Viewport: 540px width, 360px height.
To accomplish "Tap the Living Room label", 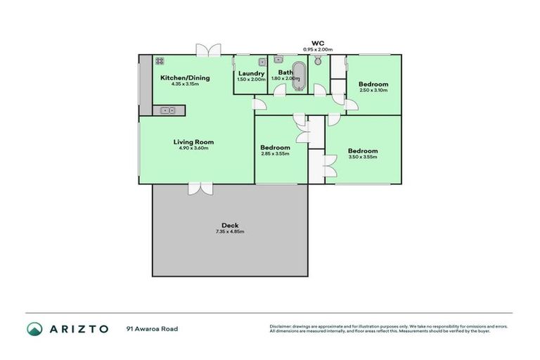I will (193, 142).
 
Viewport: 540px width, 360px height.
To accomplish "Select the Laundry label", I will (251, 73).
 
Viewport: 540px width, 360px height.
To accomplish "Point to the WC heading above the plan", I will (317, 43).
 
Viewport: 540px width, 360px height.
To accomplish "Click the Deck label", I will (230, 226).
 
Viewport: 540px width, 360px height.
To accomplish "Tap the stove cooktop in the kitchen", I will (160, 61).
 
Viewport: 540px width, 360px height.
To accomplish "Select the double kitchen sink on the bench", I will (168, 110).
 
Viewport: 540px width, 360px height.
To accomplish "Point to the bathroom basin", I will (278, 59).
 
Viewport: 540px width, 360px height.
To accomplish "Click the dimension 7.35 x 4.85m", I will (230, 232).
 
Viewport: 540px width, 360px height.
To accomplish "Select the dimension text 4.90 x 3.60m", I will (193, 148).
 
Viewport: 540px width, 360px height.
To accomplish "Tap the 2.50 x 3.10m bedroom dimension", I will (373, 90).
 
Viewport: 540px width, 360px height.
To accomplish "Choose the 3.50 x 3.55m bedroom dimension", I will (363, 157).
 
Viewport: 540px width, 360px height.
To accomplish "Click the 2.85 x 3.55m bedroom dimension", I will (275, 154).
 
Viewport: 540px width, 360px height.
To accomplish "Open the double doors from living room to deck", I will (200, 188).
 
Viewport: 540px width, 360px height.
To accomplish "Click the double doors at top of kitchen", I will (208, 50).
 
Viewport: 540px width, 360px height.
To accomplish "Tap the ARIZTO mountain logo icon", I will (34, 328).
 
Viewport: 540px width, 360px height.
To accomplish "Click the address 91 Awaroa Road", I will (152, 328).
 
